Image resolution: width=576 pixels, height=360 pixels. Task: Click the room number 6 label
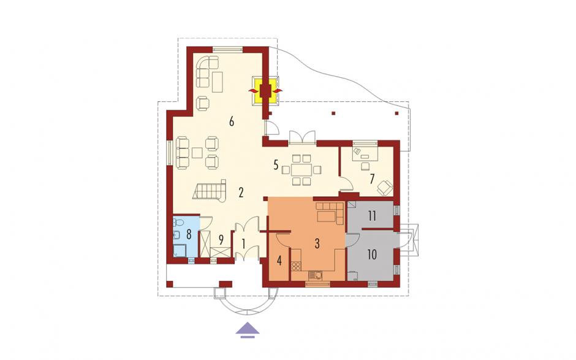point(232,121)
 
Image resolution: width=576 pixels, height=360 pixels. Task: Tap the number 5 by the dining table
point(276,165)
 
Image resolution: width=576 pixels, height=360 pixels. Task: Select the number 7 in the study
point(372,179)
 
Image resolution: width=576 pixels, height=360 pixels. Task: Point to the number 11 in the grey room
point(372,216)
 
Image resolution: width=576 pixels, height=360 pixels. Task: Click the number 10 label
point(372,255)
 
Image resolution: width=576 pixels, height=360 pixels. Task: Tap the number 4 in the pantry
point(279,261)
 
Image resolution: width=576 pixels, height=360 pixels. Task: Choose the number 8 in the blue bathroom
point(189,234)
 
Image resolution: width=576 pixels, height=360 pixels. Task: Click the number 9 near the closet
point(221,240)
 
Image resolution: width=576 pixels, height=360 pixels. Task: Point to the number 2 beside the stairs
point(241,193)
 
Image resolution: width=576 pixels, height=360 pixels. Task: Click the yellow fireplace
point(265,90)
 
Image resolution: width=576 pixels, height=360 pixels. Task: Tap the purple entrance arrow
point(248,329)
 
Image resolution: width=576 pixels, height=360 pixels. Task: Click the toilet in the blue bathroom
point(179,222)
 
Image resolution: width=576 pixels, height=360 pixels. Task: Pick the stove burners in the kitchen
point(296,266)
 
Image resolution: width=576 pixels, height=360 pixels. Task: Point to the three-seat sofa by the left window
point(183,153)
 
